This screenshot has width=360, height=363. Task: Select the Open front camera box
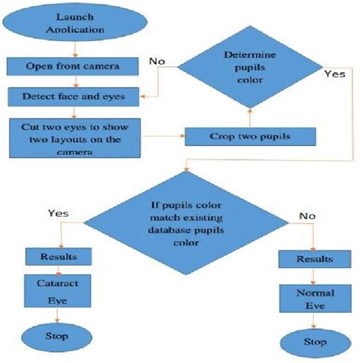point(73,66)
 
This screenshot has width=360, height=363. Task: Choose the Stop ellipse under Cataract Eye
point(57,335)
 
